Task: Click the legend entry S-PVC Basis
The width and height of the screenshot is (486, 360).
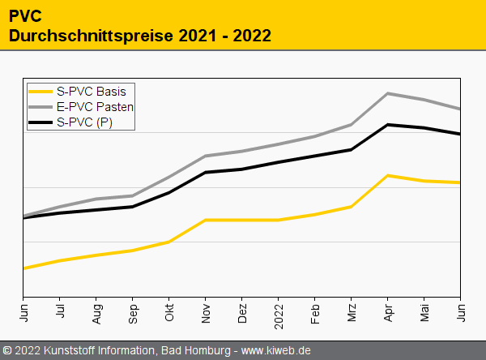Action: [x=91, y=91]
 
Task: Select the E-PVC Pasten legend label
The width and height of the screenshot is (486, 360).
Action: [x=96, y=107]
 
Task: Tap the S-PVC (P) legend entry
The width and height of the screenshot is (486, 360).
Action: [x=85, y=122]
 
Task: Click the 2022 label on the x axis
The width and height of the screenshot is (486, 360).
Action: [x=279, y=312]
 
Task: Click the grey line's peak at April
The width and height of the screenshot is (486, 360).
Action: [x=389, y=93]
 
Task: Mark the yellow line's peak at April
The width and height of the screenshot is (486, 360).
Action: [x=389, y=175]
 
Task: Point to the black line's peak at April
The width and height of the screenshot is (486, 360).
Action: [x=389, y=125]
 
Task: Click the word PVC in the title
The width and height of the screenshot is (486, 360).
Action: [x=24, y=16]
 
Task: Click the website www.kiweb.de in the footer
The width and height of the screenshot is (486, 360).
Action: [x=276, y=351]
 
